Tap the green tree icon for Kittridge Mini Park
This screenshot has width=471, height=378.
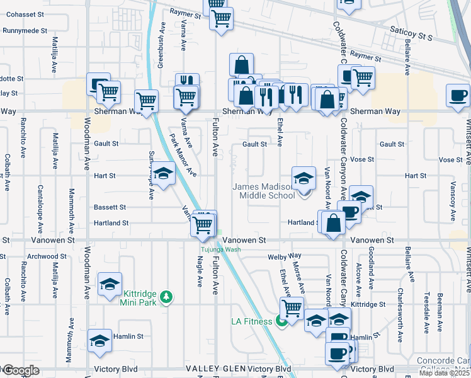tap(166, 296)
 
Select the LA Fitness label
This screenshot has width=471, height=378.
tap(251, 321)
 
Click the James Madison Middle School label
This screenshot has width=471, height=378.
tap(264, 191)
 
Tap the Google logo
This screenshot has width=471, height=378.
tap(21, 370)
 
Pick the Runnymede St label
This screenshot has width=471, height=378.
tap(25, 30)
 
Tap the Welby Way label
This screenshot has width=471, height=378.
tap(285, 256)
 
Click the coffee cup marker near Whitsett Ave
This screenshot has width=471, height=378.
tap(458, 96)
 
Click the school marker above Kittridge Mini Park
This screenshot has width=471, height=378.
tap(110, 284)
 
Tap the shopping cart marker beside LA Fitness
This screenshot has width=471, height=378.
tap(292, 309)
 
